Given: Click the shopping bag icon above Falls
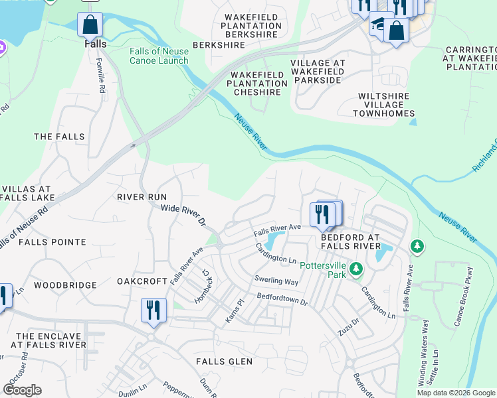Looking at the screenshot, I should tap(90, 25).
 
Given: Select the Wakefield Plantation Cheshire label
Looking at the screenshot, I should tap(257, 84).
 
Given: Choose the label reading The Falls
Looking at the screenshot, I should tap(59, 137).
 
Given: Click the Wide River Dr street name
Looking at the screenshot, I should tap(183, 216).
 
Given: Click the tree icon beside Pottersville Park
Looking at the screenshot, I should tap(357, 269).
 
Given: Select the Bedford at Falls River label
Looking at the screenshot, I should tap(350, 241).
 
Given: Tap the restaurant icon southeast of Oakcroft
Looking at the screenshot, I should tap(153, 310).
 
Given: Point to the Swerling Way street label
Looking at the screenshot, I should tap(274, 281).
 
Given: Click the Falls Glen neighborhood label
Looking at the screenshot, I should tap(224, 362).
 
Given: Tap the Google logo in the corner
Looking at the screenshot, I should tap(22, 389).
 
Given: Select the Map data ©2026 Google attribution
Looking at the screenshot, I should tap(455, 393).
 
